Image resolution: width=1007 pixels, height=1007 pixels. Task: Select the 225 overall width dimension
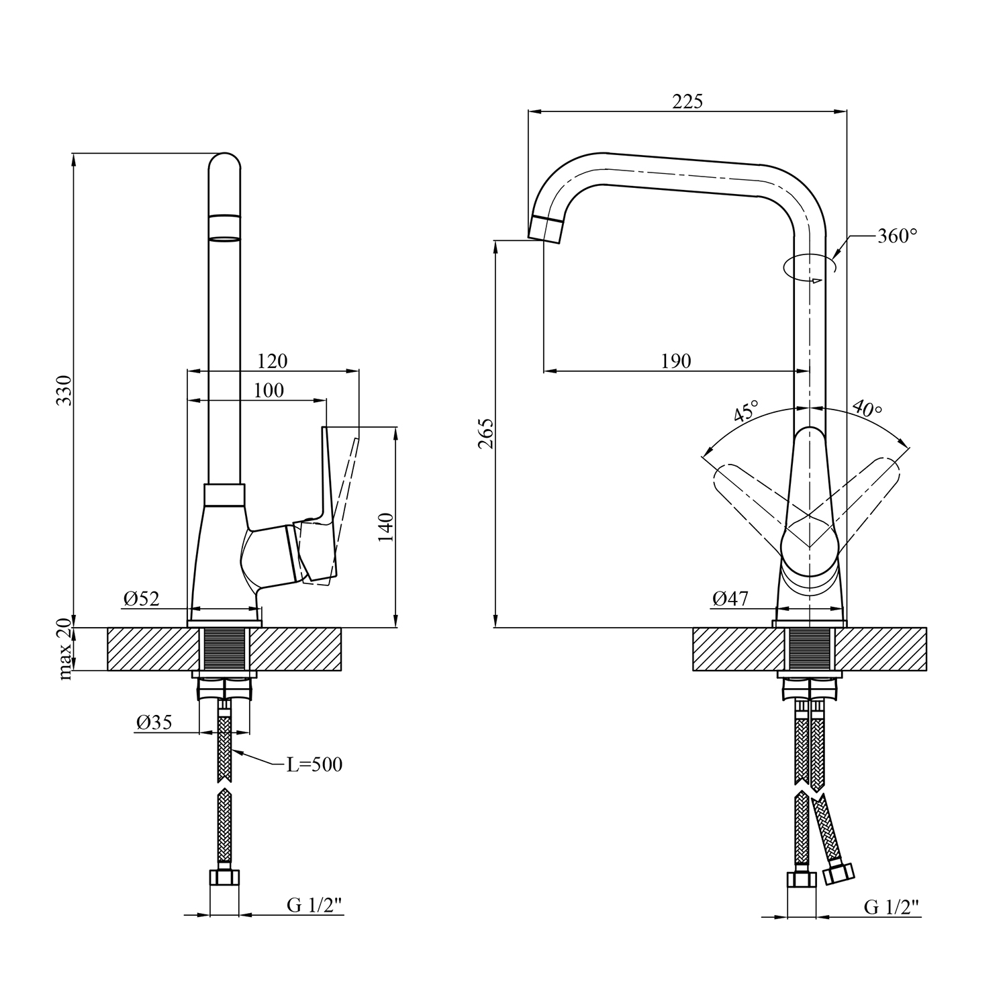coord(687,101)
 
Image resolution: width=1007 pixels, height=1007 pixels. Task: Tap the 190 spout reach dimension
coord(676,361)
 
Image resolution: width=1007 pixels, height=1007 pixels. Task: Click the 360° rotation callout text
coord(897,236)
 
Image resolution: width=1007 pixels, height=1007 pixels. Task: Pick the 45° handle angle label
coord(746,411)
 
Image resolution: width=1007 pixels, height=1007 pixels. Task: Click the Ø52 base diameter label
coord(142,598)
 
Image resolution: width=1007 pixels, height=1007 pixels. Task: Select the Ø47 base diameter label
coord(730,598)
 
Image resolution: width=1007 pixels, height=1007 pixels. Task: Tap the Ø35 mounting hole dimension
coord(154,722)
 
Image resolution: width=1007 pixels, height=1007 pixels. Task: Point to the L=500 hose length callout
coord(314,765)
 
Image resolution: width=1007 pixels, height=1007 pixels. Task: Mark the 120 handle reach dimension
coord(272,361)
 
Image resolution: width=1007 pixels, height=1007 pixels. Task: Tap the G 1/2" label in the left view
coord(314,906)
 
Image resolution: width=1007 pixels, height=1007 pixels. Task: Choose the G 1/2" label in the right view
coord(891,907)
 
